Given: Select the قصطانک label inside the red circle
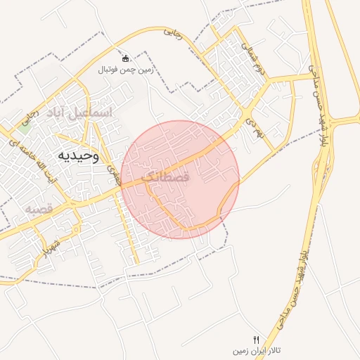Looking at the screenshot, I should coord(166,178).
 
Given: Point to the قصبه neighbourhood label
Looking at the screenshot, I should coord(39,210).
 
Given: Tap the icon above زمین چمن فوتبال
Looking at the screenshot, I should coord(125,58).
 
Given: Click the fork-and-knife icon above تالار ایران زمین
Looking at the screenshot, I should coord(256,339).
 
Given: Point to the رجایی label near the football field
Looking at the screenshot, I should coord(173,33).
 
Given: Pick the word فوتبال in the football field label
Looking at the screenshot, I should coord(109,70).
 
